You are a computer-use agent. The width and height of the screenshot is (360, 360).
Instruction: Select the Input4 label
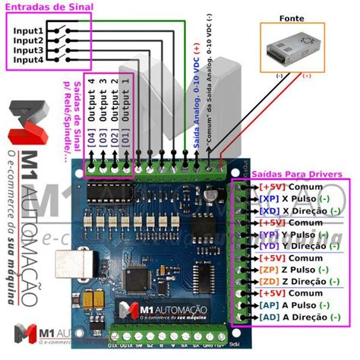click(x=28, y=58)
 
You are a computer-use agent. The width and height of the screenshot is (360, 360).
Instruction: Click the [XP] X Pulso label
click(x=293, y=198)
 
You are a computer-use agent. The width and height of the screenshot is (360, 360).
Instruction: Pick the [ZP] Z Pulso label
click(x=293, y=270)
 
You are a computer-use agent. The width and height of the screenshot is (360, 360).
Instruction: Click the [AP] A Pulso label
click(x=293, y=305)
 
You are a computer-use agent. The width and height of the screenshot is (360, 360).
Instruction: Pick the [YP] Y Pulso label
click(x=293, y=234)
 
